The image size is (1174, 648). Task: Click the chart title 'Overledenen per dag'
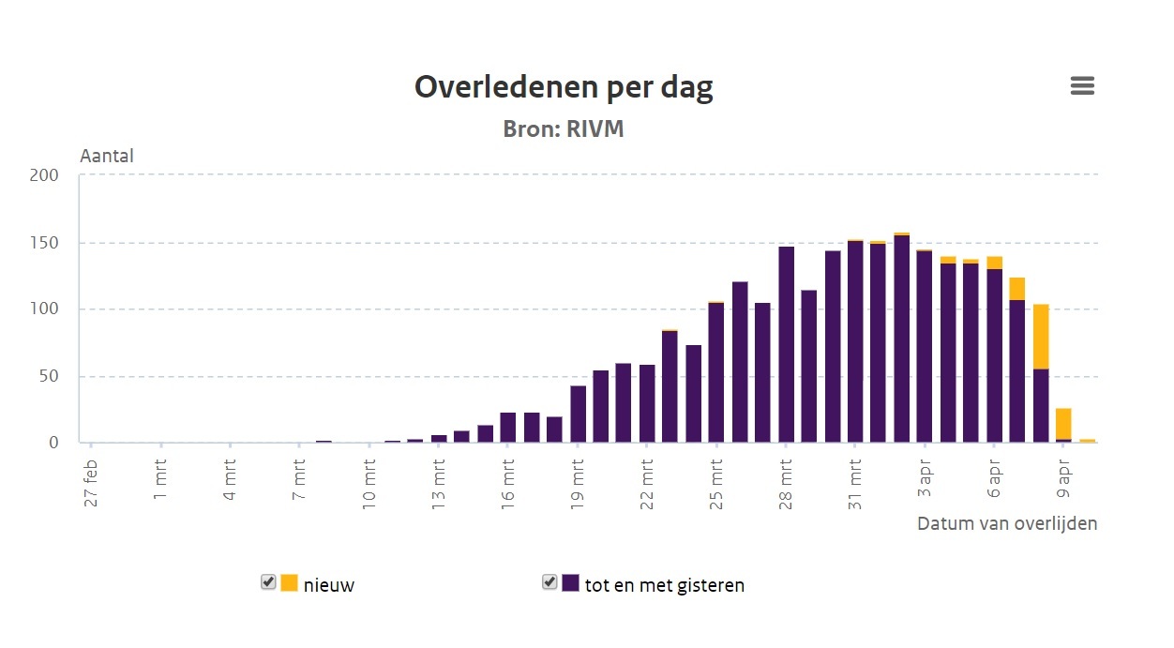coord(564,87)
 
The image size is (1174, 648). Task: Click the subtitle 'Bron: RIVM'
coord(564,128)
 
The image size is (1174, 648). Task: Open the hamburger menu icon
coord(1082,86)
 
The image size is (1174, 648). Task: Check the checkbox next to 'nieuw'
coord(268,582)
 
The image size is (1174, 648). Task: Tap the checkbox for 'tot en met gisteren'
coord(549,582)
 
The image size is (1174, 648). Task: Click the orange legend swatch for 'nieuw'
coord(289,582)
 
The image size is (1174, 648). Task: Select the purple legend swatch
coord(570,582)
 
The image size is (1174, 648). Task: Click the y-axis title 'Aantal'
coord(107,156)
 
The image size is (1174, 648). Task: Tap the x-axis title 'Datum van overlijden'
coord(1006,523)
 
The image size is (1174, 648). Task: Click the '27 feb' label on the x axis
coord(91,484)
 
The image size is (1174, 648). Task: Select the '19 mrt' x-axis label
coord(578,484)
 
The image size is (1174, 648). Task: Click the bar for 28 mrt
coord(786,344)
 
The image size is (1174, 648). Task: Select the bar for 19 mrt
coord(578,414)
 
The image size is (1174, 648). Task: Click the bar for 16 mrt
coord(508,428)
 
